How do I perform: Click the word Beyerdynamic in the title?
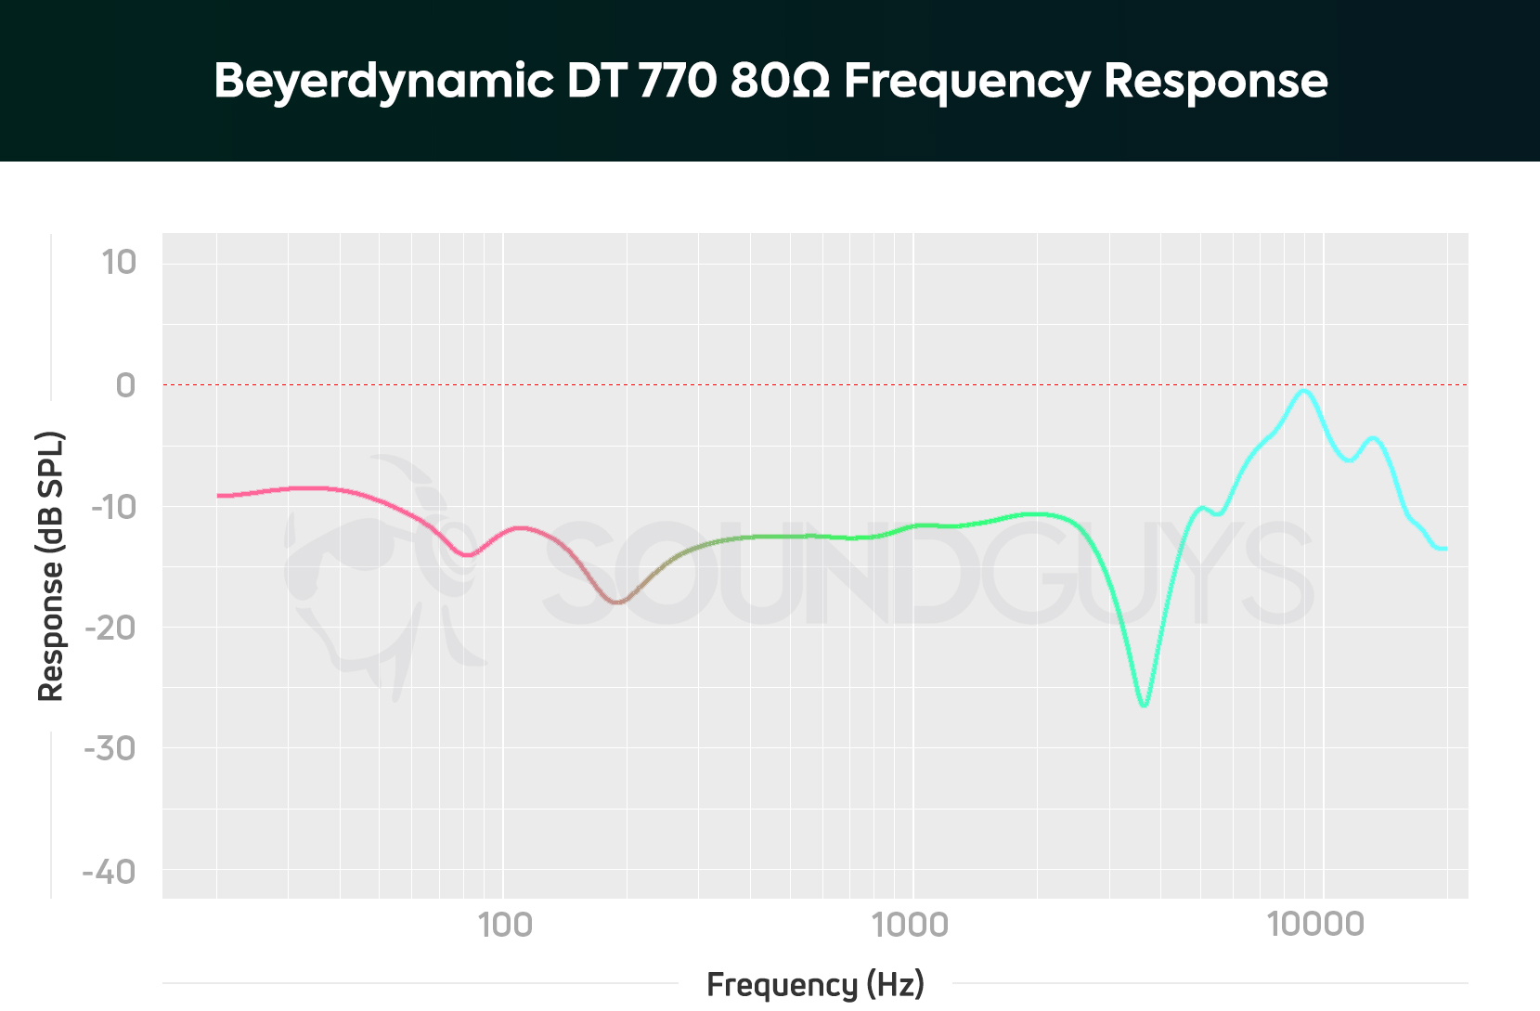click(383, 81)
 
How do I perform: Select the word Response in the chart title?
click(1215, 81)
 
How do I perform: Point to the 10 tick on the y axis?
click(119, 263)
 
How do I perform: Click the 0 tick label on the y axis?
click(125, 384)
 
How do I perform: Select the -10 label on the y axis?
click(112, 507)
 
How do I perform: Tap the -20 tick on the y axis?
click(110, 629)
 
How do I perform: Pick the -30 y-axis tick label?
click(110, 748)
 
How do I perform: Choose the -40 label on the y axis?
click(110, 872)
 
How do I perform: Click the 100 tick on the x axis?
click(504, 925)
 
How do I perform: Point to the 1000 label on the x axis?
click(911, 925)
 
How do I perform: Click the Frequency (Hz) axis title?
click(815, 984)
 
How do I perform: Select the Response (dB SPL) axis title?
click(50, 566)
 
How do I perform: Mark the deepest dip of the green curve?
click(1144, 706)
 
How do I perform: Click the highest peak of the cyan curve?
click(1304, 391)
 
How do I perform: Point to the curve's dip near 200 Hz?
click(617, 603)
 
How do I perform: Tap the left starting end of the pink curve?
click(219, 496)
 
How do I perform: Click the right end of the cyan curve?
click(1444, 549)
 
